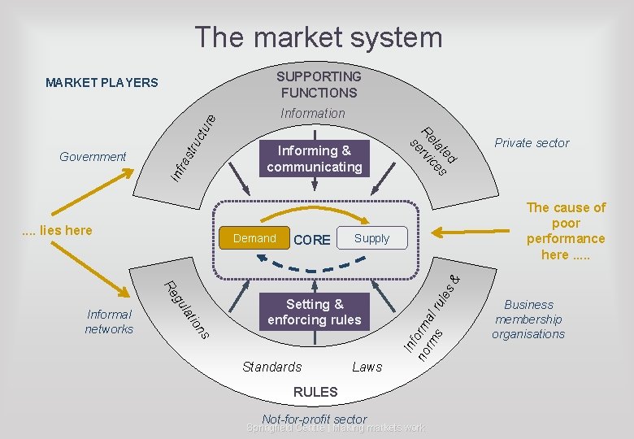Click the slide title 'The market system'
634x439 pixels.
(318, 37)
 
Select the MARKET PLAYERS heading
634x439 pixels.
(102, 82)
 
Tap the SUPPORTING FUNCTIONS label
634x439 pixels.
(318, 84)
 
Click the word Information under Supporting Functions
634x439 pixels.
(313, 113)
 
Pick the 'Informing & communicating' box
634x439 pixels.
(314, 159)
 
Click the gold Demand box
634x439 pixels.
(254, 238)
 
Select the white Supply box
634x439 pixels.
(371, 239)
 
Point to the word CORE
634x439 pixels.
(312, 240)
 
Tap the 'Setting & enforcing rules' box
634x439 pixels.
(314, 312)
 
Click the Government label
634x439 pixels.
(93, 156)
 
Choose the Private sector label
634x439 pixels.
(532, 143)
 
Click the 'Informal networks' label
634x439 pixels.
(109, 321)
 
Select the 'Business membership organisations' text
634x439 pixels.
(528, 319)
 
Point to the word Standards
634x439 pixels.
(271, 367)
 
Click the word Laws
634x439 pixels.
(367, 367)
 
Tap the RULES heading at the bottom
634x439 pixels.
(315, 392)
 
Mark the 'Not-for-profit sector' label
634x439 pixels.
(315, 419)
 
